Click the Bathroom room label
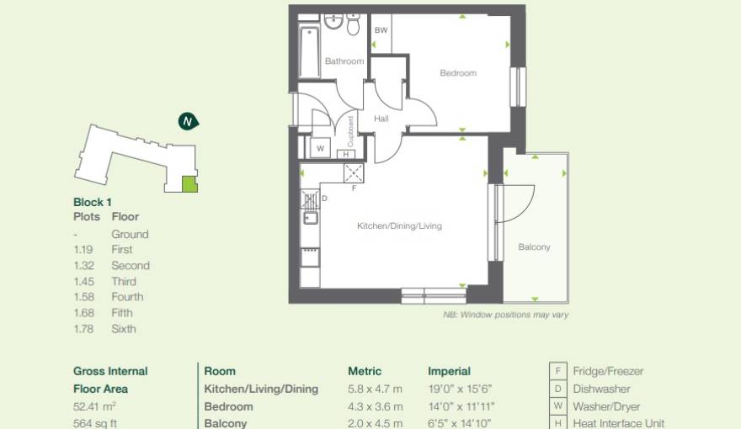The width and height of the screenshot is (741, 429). pyautogui.click(x=344, y=61)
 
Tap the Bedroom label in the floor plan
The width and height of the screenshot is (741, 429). pyautogui.click(x=458, y=73)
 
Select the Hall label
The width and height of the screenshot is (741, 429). pyautogui.click(x=381, y=119)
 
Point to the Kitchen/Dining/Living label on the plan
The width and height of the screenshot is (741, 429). pyautogui.click(x=399, y=226)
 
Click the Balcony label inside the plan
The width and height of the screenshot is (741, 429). pyautogui.click(x=534, y=247)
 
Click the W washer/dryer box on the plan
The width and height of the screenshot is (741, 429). pyautogui.click(x=320, y=148)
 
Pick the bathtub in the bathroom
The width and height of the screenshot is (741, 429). pyautogui.click(x=309, y=52)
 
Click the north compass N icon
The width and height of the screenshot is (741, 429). pyautogui.click(x=188, y=122)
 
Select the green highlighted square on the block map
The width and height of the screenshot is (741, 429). pyautogui.click(x=189, y=184)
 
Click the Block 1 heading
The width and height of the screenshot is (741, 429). pyautogui.click(x=93, y=202)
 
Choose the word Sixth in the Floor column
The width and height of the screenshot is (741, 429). pyautogui.click(x=123, y=329)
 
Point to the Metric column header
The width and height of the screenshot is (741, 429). pyautogui.click(x=365, y=371)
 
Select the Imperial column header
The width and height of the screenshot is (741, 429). pyautogui.click(x=449, y=371)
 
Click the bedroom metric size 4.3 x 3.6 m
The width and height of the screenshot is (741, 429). pyautogui.click(x=375, y=406)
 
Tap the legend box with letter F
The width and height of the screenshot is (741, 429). pyautogui.click(x=557, y=371)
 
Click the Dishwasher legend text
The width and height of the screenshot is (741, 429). pyautogui.click(x=601, y=389)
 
